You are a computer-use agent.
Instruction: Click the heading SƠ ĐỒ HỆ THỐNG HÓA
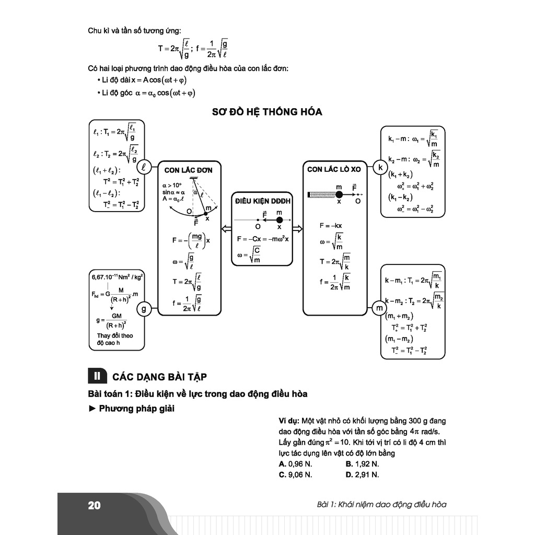coord(267,112)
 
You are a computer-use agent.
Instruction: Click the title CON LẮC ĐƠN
coord(188,170)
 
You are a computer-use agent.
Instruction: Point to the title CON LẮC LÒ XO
coord(334,169)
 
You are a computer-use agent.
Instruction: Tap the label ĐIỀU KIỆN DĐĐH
coord(262,201)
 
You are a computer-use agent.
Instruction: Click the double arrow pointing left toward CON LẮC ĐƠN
coord(226,228)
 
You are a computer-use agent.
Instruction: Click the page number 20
coord(94,505)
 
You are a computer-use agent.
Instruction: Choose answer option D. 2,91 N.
coord(362,474)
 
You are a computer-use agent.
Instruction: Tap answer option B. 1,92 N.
coord(362,463)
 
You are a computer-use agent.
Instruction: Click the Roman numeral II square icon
coord(97,376)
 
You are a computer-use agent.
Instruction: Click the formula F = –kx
coord(331,226)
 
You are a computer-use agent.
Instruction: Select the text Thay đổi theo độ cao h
coord(115,339)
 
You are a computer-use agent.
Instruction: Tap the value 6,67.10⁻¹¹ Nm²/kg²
coord(118,277)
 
